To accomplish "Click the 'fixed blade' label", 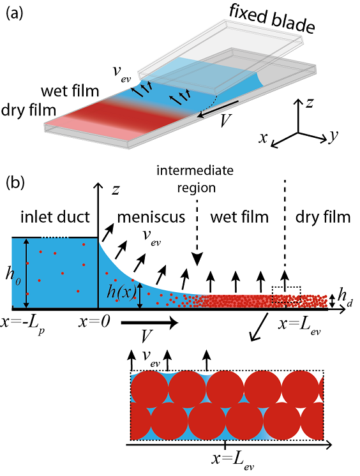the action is point(272,19).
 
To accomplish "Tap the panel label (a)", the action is point(15,13).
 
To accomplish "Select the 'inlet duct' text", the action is point(55,217).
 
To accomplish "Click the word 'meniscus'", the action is point(151,217).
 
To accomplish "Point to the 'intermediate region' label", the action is point(195,179).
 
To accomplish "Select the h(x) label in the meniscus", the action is point(121,293).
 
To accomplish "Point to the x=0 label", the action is point(94,322).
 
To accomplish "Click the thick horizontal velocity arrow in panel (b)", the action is point(149,323).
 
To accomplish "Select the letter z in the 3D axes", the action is point(310,103).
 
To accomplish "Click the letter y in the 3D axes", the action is point(334,136).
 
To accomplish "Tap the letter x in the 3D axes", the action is point(263,137).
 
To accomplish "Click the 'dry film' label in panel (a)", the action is point(29,110).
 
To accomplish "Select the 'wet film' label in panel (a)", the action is point(70,91).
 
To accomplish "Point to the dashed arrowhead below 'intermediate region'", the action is point(197,260).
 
